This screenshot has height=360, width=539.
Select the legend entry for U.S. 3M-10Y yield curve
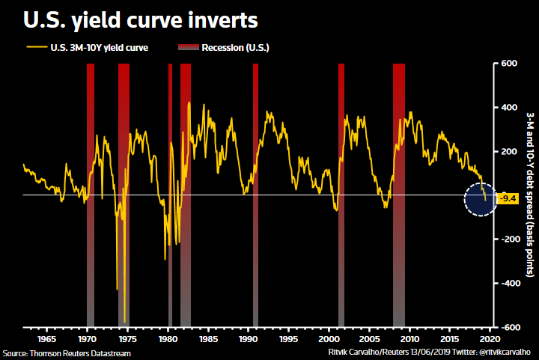point(88,49)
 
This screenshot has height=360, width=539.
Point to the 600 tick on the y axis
point(510,64)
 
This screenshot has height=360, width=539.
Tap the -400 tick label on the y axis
point(508,284)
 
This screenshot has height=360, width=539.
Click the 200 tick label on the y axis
point(510,152)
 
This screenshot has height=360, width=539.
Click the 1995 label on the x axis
point(288,339)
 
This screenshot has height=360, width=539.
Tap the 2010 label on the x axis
point(409,339)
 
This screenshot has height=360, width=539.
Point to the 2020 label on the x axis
point(490,339)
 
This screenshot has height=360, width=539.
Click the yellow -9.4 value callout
point(508,198)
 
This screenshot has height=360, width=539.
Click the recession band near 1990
point(255,195)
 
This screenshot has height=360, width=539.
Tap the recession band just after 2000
point(341,195)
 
